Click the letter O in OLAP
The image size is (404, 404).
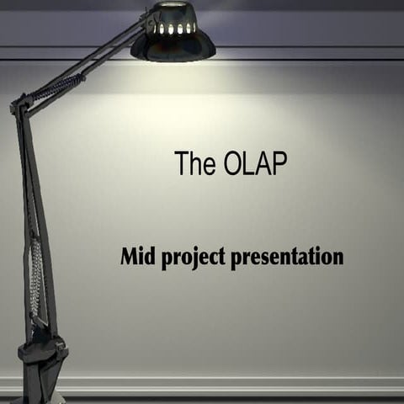point(236,163)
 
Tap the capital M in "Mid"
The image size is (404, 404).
point(130,256)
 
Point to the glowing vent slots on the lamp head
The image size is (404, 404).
point(173,29)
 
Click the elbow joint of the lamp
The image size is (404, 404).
point(19,107)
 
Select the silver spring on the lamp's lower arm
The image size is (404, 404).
point(35,278)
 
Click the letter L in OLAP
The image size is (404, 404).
point(251,163)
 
